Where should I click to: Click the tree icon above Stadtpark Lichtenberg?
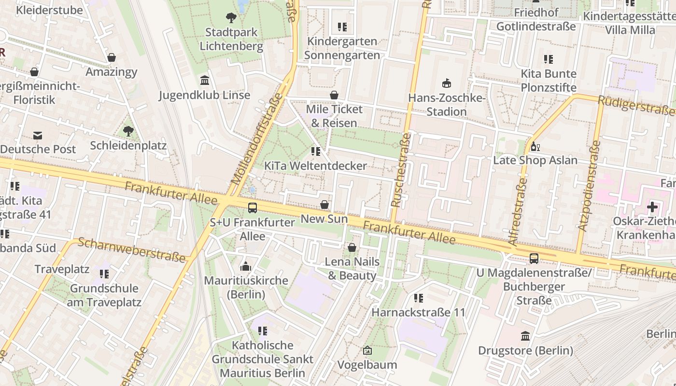click(231, 18)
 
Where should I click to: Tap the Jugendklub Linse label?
click(205, 95)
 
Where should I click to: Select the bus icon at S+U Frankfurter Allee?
click(253, 208)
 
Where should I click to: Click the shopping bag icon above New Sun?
click(324, 205)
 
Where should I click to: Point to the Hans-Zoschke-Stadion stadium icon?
click(447, 83)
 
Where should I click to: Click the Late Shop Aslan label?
click(535, 160)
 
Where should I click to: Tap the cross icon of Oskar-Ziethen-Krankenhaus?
click(652, 207)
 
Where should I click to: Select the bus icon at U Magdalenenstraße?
click(534, 259)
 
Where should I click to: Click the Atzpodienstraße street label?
click(590, 186)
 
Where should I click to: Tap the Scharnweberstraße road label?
click(132, 250)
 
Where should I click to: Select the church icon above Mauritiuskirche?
click(246, 266)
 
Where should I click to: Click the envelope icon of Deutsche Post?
click(37, 136)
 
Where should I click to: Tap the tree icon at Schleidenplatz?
click(128, 131)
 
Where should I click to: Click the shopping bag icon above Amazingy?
click(112, 58)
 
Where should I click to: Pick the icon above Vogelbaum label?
click(367, 351)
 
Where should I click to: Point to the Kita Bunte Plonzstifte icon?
click(548, 59)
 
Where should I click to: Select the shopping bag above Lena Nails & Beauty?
click(352, 248)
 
